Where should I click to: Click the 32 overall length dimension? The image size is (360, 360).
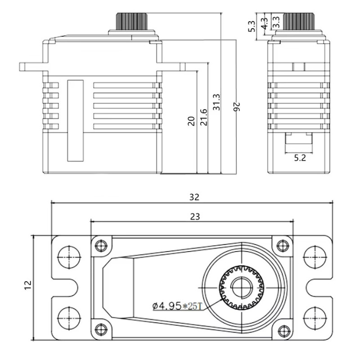[194, 197]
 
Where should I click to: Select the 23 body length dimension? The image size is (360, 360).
[194, 216]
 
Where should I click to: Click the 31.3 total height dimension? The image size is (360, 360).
[216, 102]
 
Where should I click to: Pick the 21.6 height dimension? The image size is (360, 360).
[203, 117]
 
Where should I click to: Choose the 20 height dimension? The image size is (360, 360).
[192, 121]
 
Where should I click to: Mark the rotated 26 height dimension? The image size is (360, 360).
[237, 106]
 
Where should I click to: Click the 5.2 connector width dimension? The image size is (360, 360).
[300, 158]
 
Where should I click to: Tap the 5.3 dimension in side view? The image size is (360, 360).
[252, 26]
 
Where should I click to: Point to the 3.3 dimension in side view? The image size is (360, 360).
[276, 21]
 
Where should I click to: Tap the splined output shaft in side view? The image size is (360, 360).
[298, 21]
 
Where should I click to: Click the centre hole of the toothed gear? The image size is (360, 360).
[242, 288]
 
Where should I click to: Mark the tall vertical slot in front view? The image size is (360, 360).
[75, 120]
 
